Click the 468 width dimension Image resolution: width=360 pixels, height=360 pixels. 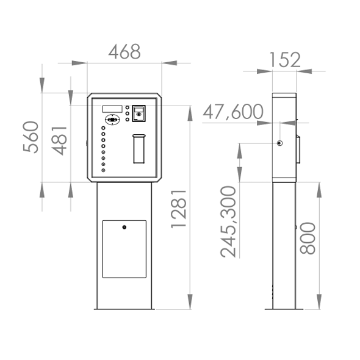click(124, 51)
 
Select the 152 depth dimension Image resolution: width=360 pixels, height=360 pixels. click(285, 60)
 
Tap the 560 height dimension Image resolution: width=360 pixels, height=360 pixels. click(31, 137)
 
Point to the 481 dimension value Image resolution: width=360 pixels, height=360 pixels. click(59, 140)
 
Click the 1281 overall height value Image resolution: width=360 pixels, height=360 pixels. click(179, 209)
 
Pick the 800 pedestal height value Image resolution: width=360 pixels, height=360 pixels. click(308, 238)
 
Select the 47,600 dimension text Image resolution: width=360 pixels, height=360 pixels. click(233, 112)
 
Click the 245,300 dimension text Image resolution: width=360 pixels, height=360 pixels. click(228, 221)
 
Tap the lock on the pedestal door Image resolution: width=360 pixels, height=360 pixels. click(124, 228)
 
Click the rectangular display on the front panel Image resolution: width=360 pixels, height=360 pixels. click(112, 109)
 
